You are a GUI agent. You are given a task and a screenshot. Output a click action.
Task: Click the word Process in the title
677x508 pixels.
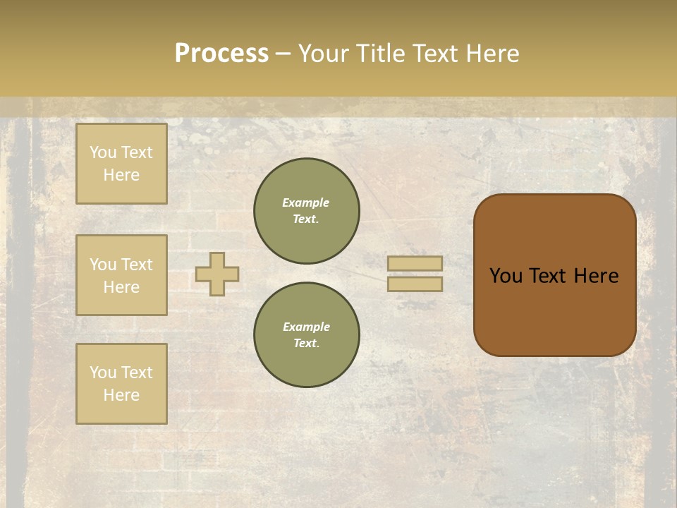click(x=221, y=54)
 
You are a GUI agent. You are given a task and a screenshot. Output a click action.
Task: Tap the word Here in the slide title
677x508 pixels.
click(x=492, y=54)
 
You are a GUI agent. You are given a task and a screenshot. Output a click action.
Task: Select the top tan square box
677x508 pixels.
click(x=121, y=164)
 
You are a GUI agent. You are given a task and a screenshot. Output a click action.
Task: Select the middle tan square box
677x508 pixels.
click(x=121, y=275)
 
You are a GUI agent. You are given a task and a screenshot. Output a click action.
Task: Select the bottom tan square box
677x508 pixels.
click(x=121, y=383)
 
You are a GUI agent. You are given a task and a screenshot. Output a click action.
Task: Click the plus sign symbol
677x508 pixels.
click(x=217, y=274)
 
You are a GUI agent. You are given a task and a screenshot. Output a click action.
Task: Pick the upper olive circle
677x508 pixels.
click(x=307, y=210)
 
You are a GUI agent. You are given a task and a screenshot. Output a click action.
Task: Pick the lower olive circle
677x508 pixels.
click(x=307, y=334)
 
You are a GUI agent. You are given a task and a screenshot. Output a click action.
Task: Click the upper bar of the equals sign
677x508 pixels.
click(x=415, y=263)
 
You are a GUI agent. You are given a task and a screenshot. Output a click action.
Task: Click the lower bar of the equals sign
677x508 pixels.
click(x=415, y=284)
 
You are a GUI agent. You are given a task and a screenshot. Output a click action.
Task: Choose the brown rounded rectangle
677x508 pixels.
click(x=554, y=310)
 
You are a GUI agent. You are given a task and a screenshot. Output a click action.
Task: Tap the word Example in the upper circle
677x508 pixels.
click(x=306, y=202)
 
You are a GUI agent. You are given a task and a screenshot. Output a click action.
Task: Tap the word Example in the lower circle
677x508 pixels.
click(x=306, y=327)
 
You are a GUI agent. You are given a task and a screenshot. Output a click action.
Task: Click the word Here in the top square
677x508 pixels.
click(x=121, y=175)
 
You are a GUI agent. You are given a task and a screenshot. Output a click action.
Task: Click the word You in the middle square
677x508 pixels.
click(x=102, y=265)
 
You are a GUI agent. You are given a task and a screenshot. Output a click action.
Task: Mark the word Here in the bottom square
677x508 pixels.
click(x=121, y=395)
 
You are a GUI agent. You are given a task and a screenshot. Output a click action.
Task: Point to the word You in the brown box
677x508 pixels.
click(x=505, y=276)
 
